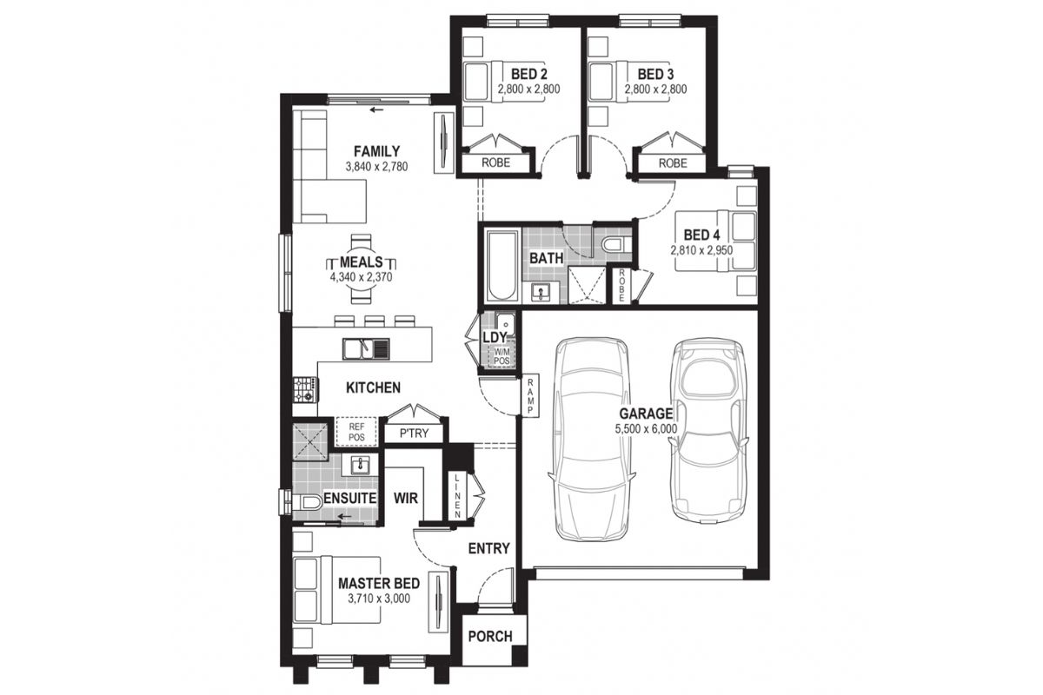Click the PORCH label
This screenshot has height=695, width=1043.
(490, 636)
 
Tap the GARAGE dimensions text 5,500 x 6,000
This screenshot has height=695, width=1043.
(646, 429)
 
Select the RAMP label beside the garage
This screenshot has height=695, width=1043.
(530, 395)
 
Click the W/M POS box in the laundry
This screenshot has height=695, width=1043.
(502, 356)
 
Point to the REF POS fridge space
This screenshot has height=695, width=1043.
(356, 432)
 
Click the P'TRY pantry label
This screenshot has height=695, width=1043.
(414, 434)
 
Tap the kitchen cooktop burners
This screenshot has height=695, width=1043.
(305, 389)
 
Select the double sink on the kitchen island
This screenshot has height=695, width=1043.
(366, 349)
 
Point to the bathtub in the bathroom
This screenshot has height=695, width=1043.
(502, 266)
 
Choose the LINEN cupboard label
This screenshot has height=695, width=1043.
(457, 496)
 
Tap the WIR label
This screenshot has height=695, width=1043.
(406, 498)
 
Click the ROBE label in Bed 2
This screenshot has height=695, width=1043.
(496, 162)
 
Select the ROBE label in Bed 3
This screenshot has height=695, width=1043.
(673, 163)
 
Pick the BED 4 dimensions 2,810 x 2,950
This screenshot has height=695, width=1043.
(701, 250)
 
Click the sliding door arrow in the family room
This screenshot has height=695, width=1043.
(376, 110)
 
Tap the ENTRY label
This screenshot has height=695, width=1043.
(488, 548)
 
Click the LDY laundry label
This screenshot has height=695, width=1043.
(495, 337)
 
